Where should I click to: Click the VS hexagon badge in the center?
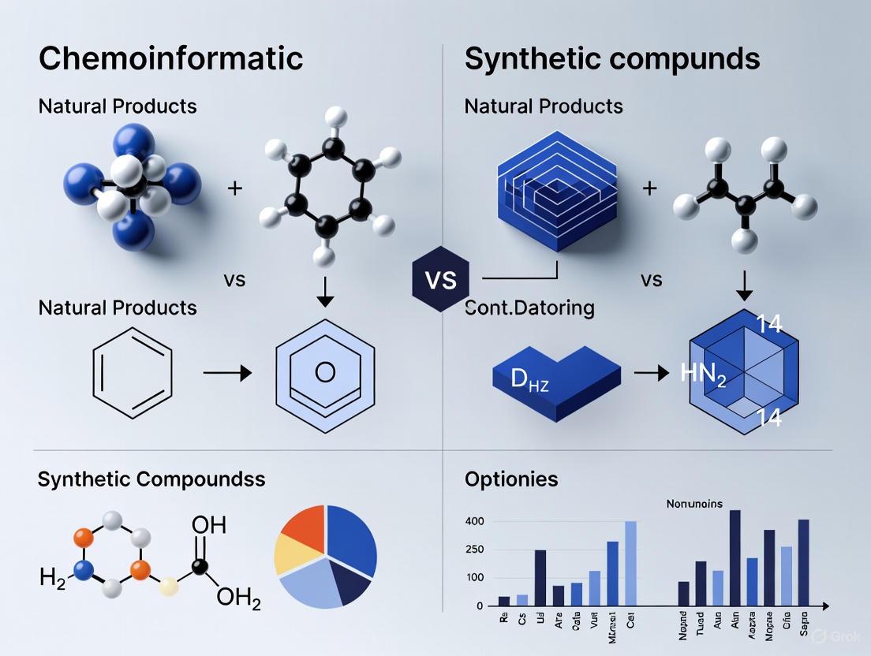pos(440,280)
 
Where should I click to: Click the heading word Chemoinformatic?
pos(170,58)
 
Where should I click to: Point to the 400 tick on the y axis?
pos(474,521)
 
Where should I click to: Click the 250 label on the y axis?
pos(474,550)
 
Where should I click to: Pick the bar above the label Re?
pos(504,601)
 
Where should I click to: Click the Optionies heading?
pos(510,479)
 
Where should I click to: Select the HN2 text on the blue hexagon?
pos(703,373)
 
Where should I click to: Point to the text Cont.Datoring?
pos(529,307)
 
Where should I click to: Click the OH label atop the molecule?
pos(208,524)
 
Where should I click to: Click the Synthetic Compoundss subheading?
pos(151,479)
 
